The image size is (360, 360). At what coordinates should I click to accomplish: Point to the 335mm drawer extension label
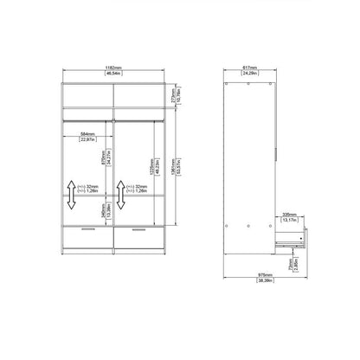pyautogui.click(x=289, y=210)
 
